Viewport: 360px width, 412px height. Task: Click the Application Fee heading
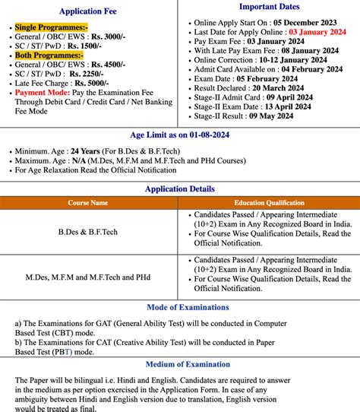[90, 12]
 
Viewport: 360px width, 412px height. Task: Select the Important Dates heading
[269, 8]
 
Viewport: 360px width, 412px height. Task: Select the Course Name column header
[89, 203]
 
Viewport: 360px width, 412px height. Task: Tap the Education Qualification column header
[270, 203]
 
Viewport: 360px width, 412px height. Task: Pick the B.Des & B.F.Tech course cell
[89, 230]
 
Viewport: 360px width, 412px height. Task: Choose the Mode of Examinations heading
[180, 307]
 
